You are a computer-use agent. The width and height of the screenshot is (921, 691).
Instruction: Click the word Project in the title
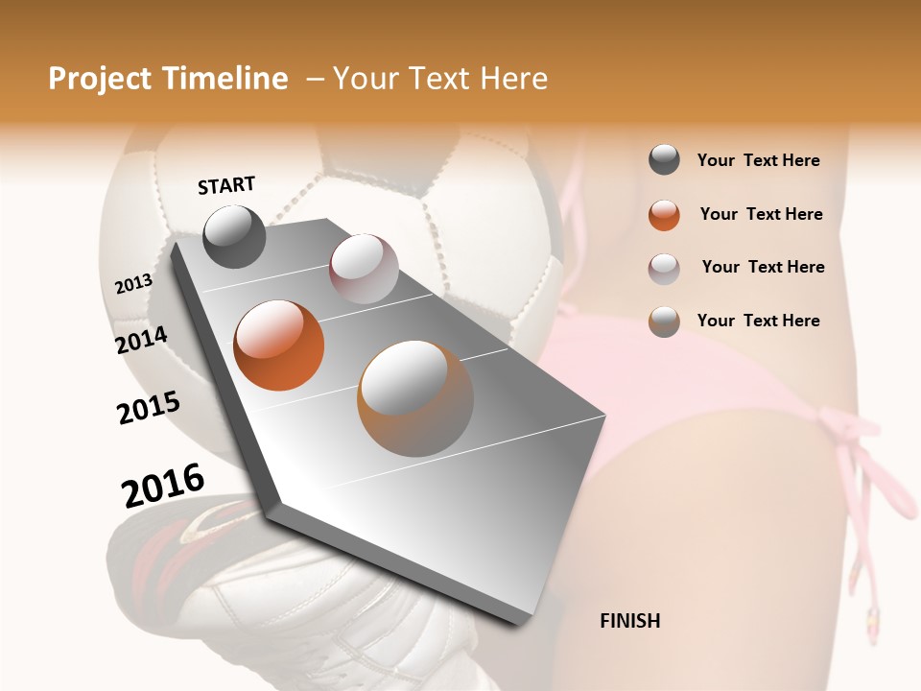click(99, 79)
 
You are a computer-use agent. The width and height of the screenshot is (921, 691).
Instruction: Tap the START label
click(226, 185)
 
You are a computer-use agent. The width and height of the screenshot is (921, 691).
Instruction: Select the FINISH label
click(629, 621)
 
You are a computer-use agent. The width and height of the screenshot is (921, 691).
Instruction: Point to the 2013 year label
click(133, 284)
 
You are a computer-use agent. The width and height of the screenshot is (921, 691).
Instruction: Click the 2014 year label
click(141, 340)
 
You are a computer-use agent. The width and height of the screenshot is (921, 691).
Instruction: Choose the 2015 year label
click(148, 408)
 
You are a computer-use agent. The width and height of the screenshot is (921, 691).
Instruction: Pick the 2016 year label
click(163, 485)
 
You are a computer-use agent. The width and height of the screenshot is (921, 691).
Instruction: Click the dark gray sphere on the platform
click(234, 236)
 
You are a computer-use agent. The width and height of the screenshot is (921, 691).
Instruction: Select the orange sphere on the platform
click(279, 345)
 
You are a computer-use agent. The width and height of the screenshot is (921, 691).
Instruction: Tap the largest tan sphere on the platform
click(415, 398)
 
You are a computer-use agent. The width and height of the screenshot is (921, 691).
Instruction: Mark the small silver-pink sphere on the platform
click(364, 269)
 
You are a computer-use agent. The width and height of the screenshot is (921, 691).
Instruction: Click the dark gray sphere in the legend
click(664, 160)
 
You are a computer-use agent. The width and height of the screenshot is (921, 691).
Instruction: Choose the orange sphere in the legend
click(664, 215)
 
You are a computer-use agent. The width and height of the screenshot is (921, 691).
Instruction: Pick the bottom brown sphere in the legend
click(664, 322)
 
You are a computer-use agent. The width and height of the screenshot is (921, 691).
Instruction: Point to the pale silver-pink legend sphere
click(664, 269)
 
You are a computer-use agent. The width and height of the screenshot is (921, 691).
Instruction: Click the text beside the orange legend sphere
click(761, 214)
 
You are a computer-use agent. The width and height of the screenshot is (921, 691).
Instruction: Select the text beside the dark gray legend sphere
click(758, 160)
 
